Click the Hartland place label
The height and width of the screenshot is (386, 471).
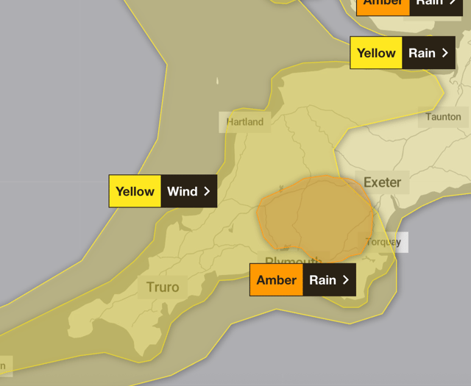(245, 122)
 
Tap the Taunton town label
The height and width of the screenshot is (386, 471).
(443, 117)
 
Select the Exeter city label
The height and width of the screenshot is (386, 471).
(383, 182)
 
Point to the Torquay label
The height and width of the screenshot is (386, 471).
(383, 242)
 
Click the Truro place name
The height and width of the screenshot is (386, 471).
(163, 287)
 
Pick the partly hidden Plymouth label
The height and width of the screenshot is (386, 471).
(294, 260)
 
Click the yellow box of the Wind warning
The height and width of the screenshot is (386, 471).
(135, 191)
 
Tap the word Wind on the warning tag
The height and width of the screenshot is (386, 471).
(182, 191)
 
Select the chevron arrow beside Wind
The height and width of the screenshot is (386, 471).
(207, 191)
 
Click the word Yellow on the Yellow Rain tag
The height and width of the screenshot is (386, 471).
(376, 53)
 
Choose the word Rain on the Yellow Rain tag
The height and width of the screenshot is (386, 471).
(422, 53)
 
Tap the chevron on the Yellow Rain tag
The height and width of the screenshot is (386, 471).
(445, 53)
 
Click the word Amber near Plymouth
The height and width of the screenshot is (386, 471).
(276, 280)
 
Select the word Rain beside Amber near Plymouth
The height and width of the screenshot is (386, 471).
(322, 280)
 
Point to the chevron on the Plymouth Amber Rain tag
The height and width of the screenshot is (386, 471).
(345, 280)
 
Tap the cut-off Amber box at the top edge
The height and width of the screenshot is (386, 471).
(383, 4)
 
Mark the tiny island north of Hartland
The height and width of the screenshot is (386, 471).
(218, 81)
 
